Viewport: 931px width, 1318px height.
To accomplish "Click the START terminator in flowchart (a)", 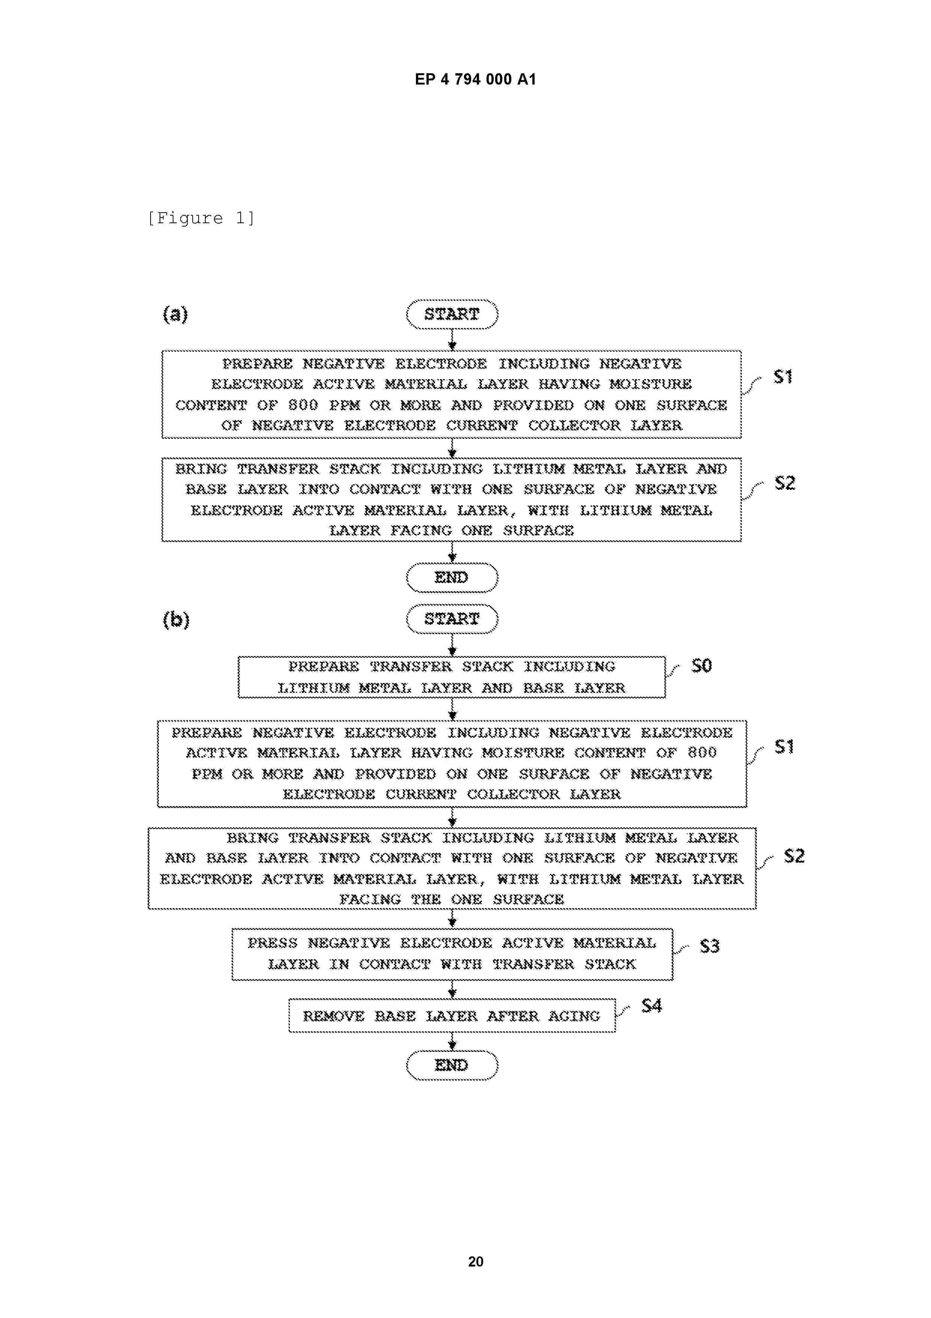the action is tap(452, 314).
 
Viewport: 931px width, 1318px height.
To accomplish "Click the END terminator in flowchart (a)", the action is tap(452, 577).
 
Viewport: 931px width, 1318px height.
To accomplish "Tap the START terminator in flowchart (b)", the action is tap(452, 619).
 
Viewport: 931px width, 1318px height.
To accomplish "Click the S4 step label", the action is tap(652, 1006).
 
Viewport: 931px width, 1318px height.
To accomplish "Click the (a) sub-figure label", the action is tap(176, 314).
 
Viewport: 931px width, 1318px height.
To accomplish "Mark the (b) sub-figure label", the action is tap(176, 620).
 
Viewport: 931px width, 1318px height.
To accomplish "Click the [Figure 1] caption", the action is tap(201, 218).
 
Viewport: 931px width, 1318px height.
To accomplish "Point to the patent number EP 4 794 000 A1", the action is tap(476, 79).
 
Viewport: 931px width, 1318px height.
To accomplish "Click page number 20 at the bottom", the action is tap(476, 1262).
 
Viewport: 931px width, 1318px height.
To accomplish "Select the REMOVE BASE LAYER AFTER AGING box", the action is tap(452, 1016).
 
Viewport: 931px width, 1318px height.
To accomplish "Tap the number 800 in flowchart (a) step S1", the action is tap(303, 405).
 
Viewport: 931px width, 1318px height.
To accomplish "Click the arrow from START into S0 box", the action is tap(452, 645).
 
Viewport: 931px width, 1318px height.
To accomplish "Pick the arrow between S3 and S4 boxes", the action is tap(452, 990).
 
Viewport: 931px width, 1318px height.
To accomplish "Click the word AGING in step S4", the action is tap(574, 1016).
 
